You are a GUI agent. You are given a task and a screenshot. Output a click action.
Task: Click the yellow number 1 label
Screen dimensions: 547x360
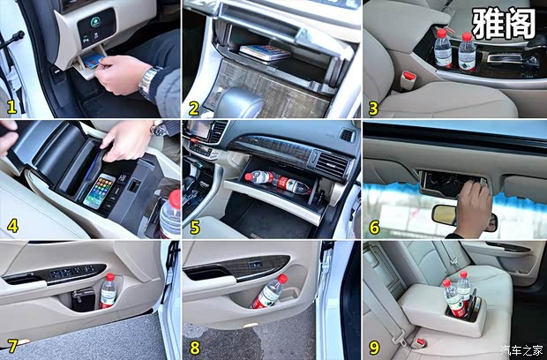11,107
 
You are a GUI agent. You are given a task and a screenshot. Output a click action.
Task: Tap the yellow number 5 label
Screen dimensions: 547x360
195,227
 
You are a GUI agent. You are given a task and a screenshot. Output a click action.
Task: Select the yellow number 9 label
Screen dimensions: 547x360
374,347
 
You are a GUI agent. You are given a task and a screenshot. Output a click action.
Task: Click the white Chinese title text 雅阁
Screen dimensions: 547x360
504,23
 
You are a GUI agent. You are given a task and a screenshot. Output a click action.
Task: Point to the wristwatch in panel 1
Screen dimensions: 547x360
148,83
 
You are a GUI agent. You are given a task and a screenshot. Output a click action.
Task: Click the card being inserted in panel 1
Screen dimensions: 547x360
93,60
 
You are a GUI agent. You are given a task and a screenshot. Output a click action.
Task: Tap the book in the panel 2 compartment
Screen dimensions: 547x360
266,52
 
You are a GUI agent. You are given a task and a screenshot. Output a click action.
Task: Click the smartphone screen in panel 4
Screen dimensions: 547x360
100,191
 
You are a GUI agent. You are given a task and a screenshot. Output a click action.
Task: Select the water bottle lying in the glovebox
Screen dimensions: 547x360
277,182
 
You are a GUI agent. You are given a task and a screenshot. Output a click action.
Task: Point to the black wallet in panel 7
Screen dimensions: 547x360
84,299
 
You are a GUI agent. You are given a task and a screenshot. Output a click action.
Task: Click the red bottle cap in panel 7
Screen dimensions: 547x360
110,277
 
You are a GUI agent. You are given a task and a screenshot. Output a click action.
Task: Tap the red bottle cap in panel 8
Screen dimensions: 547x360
282,278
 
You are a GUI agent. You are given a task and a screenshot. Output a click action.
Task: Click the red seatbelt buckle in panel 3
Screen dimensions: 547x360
408,77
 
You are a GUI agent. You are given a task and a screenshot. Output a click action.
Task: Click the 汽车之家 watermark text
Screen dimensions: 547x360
522,349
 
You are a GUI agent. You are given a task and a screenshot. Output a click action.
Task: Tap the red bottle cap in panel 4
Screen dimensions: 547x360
175,199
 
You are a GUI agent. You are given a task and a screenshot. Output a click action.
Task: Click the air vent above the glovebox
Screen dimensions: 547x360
331,163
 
